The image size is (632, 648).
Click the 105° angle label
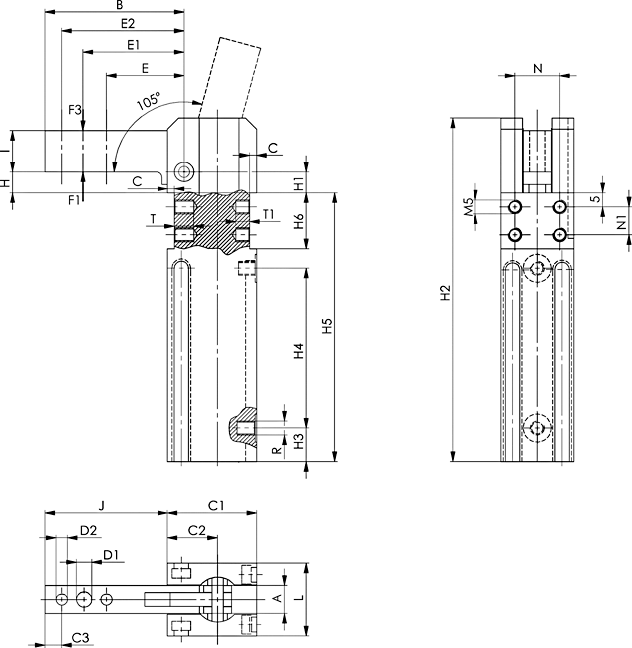(149, 102)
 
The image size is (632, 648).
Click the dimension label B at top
(119, 6)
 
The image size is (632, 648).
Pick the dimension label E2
(127, 23)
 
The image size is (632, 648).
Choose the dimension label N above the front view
(538, 68)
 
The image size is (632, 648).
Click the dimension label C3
(81, 636)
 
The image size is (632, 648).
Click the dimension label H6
(298, 220)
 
